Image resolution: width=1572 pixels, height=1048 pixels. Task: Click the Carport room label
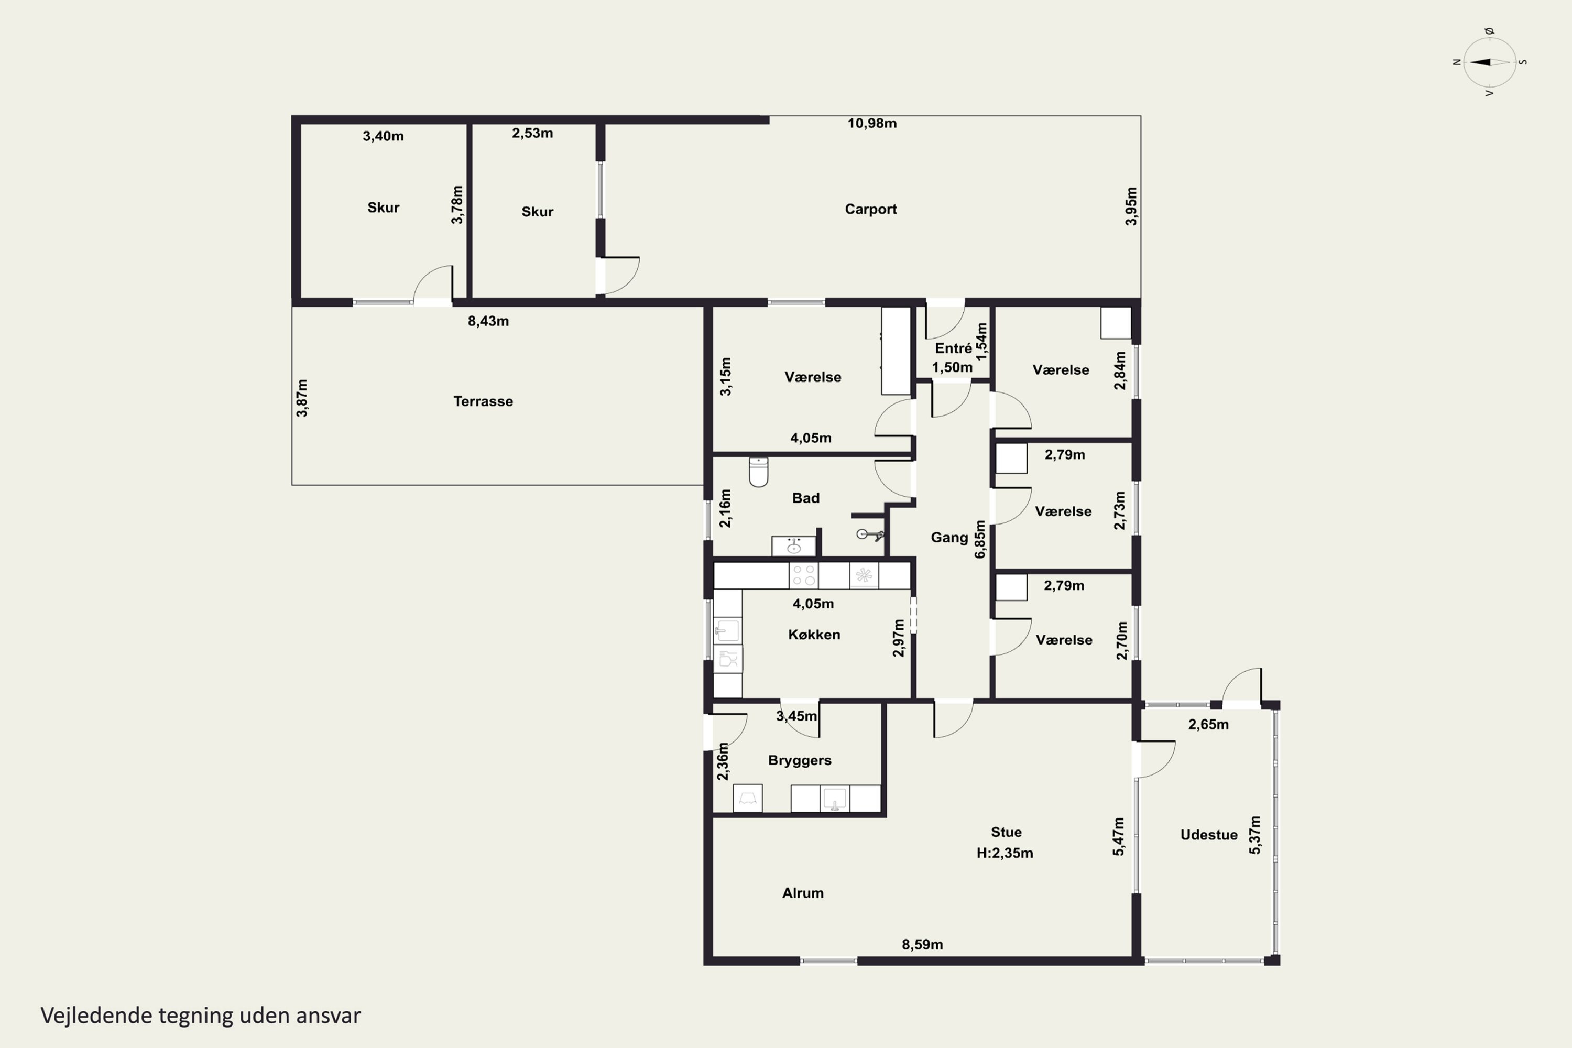pos(870,209)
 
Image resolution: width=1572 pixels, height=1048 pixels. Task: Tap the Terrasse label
pos(483,401)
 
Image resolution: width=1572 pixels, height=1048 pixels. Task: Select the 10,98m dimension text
pos(872,123)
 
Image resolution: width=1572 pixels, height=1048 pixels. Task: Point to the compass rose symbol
pos(1489,62)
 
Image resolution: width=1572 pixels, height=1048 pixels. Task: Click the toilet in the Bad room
pos(759,472)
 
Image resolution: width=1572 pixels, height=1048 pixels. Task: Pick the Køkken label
pos(814,634)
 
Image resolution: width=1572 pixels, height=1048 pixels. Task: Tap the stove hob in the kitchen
pos(803,575)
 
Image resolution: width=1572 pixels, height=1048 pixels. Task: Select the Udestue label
pos(1208,835)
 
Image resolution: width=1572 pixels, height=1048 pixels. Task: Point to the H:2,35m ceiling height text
pos(1005,853)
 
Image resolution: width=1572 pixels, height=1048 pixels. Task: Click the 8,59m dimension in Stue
pos(922,944)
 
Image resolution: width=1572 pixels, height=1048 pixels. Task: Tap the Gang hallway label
pos(949,538)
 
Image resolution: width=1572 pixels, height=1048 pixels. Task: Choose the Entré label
pos(953,348)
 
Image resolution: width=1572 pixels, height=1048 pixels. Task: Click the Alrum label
pos(803,893)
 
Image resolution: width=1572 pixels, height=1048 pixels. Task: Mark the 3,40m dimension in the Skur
pos(383,136)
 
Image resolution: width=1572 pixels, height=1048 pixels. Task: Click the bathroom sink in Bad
pos(793,546)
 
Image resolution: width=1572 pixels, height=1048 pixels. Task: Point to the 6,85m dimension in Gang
pos(980,539)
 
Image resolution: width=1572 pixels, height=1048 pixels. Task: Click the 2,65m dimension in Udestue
pos(1208,725)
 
